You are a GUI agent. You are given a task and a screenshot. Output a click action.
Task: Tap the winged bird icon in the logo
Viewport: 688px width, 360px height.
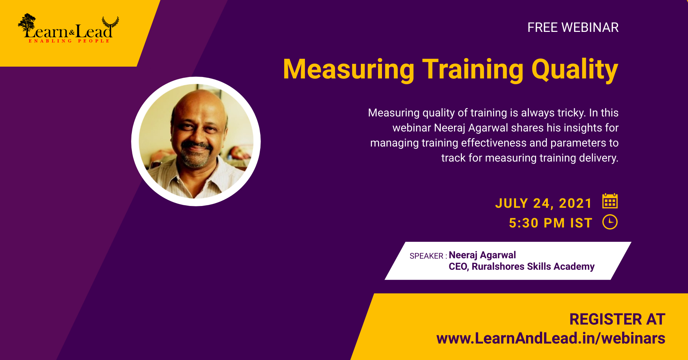point(110,23)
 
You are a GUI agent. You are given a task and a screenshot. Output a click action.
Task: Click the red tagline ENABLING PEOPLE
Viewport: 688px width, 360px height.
point(69,41)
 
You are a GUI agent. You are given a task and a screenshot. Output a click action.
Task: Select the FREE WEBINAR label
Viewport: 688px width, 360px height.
point(573,28)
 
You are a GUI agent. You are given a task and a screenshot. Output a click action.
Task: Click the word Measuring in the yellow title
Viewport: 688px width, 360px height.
point(349,69)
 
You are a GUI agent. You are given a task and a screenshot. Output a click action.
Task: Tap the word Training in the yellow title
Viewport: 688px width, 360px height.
point(473,69)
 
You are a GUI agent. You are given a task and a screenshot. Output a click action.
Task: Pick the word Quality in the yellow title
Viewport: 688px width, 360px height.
point(575,69)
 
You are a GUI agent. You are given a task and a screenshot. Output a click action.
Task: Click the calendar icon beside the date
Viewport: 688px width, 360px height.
point(610,201)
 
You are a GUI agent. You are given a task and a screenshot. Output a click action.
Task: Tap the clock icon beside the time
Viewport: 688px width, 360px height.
point(610,222)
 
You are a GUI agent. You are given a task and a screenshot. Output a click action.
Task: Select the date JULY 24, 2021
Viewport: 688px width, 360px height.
point(544,203)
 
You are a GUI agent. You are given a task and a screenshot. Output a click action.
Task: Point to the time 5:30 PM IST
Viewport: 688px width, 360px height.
point(550,223)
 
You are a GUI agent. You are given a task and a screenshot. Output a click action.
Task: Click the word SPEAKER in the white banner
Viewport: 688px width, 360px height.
point(426,256)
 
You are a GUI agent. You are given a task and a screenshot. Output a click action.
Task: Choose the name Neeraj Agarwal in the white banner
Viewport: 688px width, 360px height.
point(482,255)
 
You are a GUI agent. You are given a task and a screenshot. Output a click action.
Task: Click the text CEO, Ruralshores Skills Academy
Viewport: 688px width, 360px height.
point(522,267)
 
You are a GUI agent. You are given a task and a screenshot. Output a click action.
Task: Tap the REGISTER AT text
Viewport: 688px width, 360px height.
point(617,320)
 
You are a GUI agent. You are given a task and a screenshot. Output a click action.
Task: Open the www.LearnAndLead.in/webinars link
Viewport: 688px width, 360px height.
point(551,339)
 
